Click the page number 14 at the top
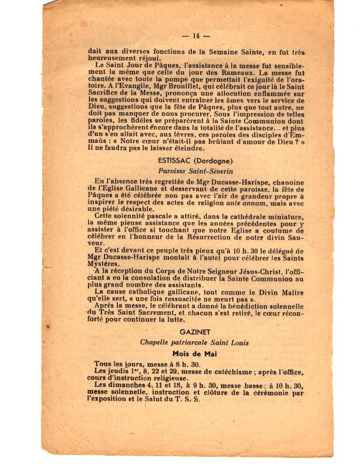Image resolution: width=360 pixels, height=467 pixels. [x=196, y=36]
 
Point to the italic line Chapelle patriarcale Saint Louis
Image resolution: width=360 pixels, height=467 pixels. [x=194, y=342]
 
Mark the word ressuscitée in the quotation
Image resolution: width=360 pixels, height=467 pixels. [x=194, y=299]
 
